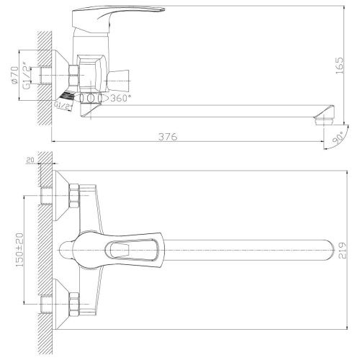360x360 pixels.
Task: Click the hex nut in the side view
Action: click(x=75, y=73)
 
